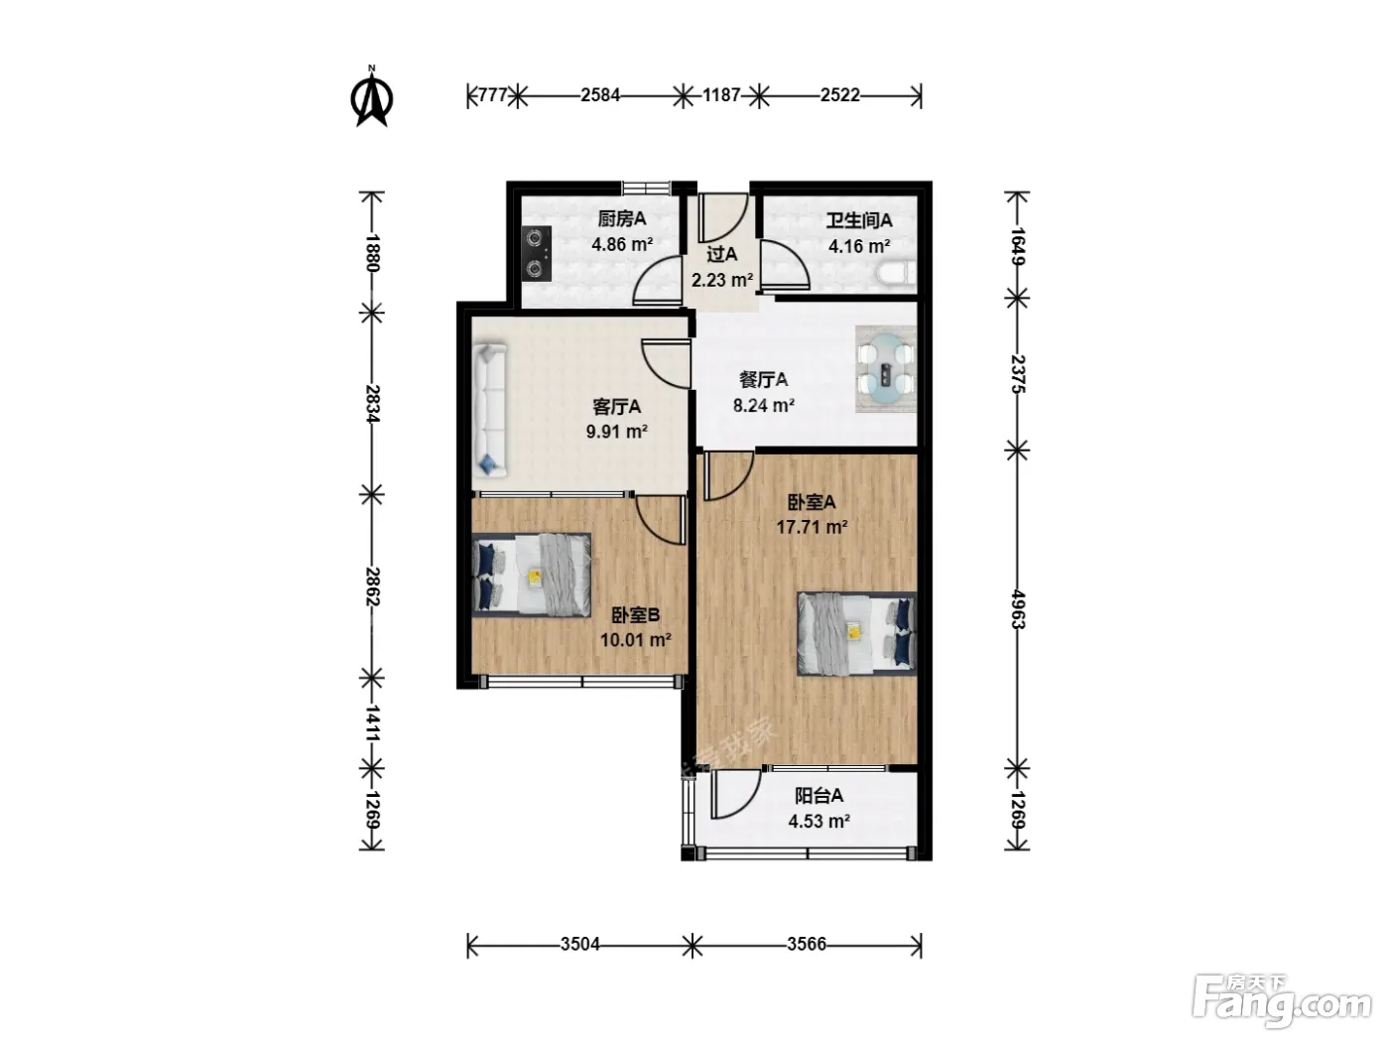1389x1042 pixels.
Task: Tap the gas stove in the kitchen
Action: (x=537, y=253)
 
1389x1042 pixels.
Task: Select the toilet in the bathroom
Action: (x=897, y=273)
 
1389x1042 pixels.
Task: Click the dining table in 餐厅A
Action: (x=885, y=369)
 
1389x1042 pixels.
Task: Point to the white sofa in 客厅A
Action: (x=490, y=411)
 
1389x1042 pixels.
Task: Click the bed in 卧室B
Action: (x=532, y=574)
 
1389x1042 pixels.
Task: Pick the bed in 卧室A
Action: (x=857, y=633)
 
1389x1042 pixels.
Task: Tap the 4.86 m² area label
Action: (x=621, y=244)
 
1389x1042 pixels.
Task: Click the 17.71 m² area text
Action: (x=812, y=526)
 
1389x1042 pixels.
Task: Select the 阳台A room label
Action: (x=819, y=795)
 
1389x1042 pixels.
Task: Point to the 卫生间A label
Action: (x=859, y=220)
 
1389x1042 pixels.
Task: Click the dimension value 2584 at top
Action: (x=600, y=95)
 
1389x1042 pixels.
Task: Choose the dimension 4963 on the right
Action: (x=1017, y=609)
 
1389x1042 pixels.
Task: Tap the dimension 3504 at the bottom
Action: (x=579, y=944)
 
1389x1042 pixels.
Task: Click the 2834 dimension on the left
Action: (x=371, y=403)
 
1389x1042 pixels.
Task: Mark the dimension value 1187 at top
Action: (x=721, y=95)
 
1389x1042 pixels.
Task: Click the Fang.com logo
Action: (x=1282, y=1004)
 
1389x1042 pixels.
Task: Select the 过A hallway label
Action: (x=721, y=254)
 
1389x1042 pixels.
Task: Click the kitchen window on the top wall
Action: (x=646, y=188)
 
